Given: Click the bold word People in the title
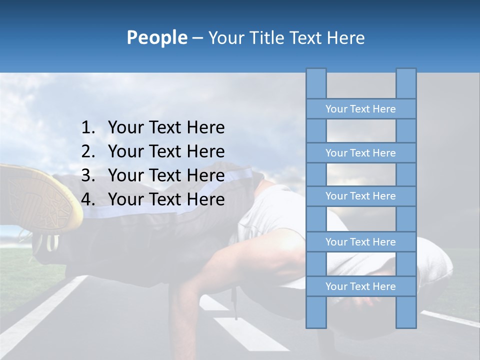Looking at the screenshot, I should [x=156, y=37].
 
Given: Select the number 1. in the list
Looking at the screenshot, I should [x=88, y=127].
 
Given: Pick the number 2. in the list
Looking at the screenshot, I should [x=88, y=151].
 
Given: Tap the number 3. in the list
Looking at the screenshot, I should [x=88, y=175].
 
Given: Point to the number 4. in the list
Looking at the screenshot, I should [x=88, y=199].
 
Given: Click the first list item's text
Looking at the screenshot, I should [x=166, y=127].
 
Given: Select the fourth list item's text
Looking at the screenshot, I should [x=166, y=199].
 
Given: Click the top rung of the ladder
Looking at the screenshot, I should [x=360, y=109].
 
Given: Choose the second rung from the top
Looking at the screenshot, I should [x=360, y=153].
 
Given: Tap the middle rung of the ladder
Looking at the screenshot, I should [x=360, y=196].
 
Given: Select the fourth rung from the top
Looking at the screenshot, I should [x=360, y=242].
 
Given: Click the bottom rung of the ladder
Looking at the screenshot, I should [x=360, y=286].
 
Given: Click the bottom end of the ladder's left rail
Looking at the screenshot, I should [x=316, y=325].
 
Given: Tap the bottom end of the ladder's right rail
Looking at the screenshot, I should [x=406, y=325].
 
